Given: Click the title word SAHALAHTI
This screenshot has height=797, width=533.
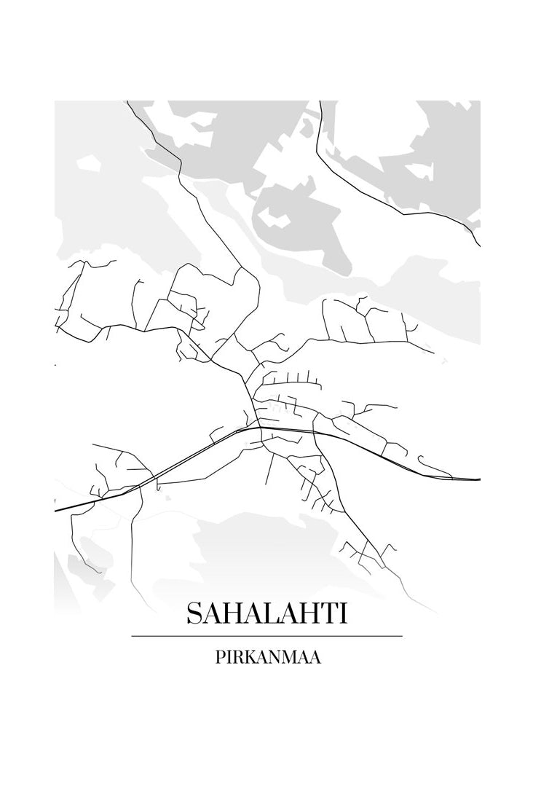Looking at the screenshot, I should [266, 613].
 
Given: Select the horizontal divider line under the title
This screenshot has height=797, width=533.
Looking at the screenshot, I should [266, 636].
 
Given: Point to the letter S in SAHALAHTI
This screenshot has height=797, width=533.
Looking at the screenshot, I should [194, 613].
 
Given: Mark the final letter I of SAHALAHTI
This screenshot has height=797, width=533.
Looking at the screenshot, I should [344, 613].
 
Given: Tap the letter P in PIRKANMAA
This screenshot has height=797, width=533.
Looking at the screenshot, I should [219, 656].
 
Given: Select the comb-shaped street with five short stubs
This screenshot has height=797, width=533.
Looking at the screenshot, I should [291, 379].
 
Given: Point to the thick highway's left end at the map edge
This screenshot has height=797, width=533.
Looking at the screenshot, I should [56, 511].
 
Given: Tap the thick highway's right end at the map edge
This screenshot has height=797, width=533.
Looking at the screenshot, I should [478, 480].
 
